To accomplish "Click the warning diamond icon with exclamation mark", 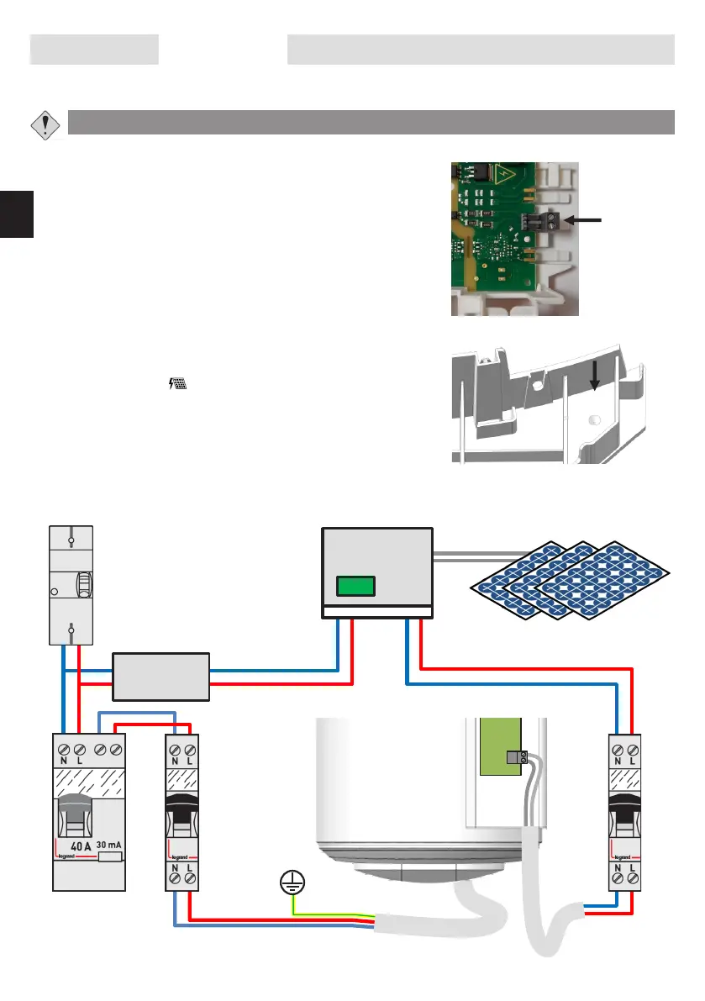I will (44, 124).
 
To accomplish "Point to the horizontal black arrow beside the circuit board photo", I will (585, 219).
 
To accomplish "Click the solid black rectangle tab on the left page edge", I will (16, 213).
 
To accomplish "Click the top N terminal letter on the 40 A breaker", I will (64, 761).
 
